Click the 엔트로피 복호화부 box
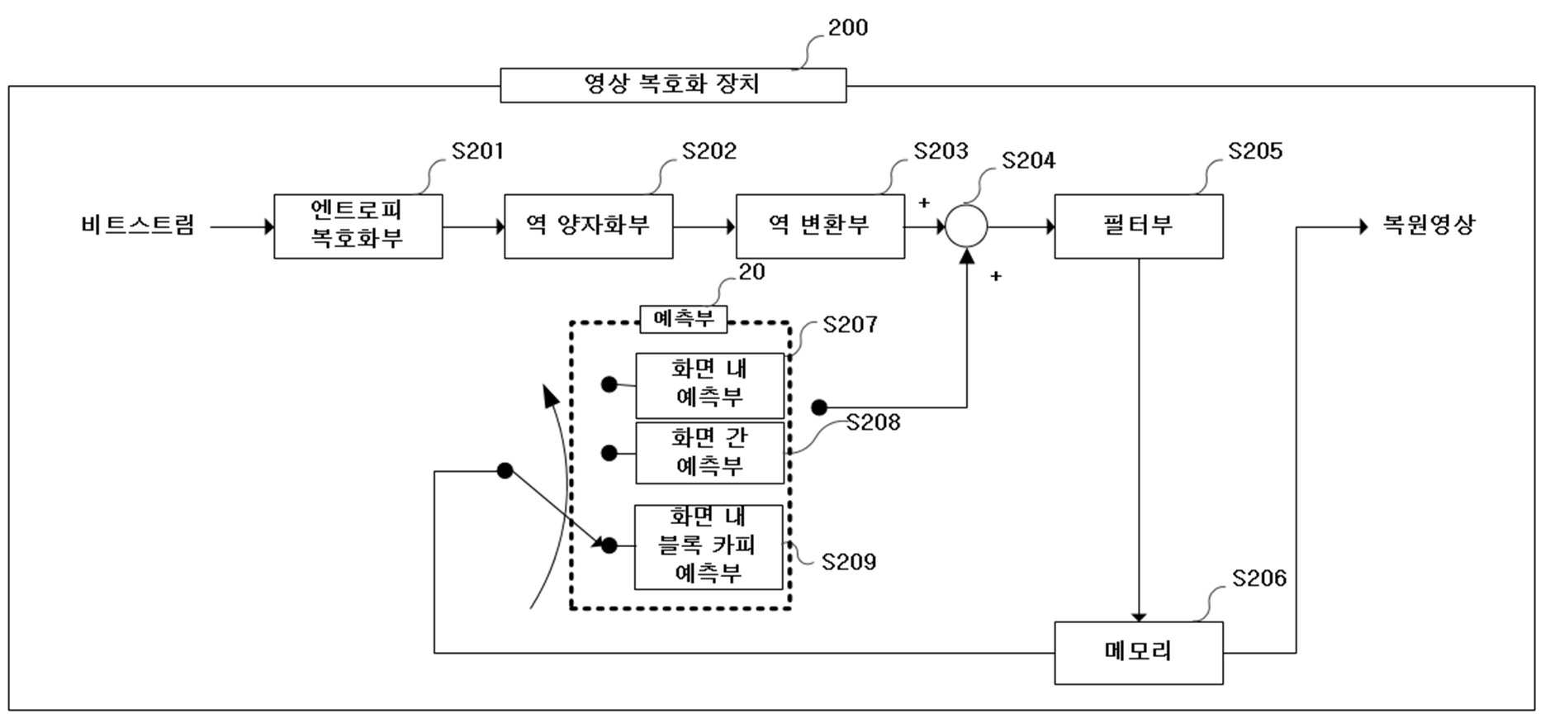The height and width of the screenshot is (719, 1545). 358,226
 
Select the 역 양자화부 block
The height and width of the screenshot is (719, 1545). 588,226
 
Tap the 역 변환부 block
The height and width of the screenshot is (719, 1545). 820,226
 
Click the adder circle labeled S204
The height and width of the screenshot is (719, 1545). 966,226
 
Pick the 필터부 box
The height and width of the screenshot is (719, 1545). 1139,226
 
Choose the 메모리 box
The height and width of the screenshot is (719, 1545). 1139,653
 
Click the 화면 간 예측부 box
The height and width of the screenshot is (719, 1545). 709,453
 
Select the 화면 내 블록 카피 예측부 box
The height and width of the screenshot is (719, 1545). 709,547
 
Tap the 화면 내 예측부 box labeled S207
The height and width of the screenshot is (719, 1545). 709,385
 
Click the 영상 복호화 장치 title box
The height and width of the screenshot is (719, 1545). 673,85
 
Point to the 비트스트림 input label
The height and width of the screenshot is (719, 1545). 138,225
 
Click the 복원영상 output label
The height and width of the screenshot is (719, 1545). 1429,225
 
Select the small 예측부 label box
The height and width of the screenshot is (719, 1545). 684,319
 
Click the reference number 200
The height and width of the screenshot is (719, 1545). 848,27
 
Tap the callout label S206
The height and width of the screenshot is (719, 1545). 1259,578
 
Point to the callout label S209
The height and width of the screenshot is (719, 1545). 849,562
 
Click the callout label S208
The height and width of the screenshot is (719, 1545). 874,422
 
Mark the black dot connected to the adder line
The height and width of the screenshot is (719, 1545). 819,407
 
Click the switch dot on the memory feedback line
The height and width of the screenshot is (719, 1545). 505,471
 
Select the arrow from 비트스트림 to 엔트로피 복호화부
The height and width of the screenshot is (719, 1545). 242,226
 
